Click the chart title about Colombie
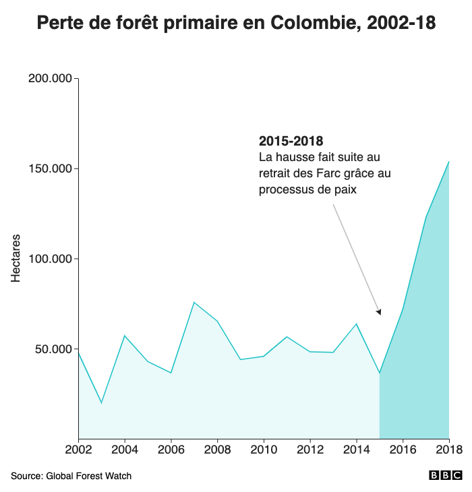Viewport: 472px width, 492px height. click(236, 23)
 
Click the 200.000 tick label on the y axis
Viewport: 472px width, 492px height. click(51, 79)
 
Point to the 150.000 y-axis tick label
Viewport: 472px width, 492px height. click(51, 168)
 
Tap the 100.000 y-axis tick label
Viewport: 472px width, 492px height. click(51, 259)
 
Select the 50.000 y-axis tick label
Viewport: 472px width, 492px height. click(53, 349)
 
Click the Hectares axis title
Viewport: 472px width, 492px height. click(16, 258)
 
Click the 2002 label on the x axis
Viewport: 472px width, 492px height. click(79, 450)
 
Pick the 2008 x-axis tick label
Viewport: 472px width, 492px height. click(217, 450)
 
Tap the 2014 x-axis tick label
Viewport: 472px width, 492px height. click(356, 450)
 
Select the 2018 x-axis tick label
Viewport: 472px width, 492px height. click(448, 450)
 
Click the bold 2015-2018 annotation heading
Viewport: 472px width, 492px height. click(291, 142)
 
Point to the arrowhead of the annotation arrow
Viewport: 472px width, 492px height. click(380, 313)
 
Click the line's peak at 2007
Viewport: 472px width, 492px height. click(194, 302)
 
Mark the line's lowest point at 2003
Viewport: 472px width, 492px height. click(102, 403)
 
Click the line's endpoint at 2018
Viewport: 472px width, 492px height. click(448, 162)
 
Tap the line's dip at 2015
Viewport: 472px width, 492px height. click(380, 373)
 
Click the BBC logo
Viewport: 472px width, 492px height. click(445, 476)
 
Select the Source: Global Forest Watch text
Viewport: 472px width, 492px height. click(71, 476)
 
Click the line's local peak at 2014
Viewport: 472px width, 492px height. click(356, 324)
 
